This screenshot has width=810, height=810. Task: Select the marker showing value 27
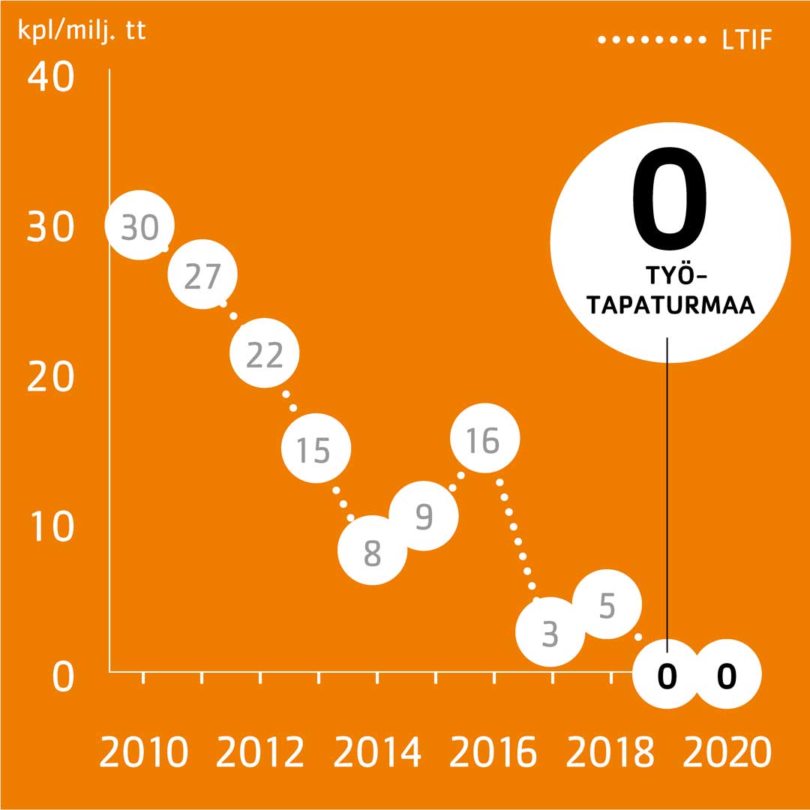[202, 275]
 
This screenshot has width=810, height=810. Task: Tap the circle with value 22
[264, 352]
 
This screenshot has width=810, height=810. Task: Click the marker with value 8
[373, 551]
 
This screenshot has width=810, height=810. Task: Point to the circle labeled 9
[424, 515]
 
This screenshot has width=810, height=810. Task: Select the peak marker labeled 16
[484, 439]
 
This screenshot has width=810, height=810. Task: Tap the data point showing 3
[550, 632]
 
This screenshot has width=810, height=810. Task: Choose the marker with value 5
[607, 604]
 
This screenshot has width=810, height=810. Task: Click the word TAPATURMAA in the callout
[670, 306]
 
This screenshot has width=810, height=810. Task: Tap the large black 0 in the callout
[670, 198]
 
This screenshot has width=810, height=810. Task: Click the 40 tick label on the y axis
[50, 77]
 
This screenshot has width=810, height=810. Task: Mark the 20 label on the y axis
[50, 376]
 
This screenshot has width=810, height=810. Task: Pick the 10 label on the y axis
[50, 526]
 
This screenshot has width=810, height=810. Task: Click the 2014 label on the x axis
[377, 752]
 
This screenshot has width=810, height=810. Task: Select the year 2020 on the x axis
[727, 752]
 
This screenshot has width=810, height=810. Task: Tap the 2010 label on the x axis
[142, 752]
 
